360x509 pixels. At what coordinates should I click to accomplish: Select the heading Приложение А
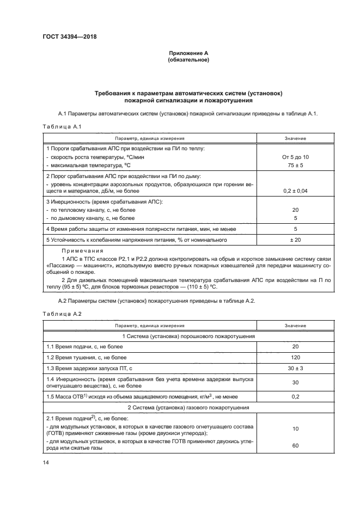[188, 53]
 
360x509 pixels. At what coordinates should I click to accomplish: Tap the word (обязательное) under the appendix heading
[188, 59]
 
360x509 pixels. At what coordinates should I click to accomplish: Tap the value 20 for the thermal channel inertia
[295, 210]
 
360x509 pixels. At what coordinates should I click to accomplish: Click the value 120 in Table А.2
[295, 357]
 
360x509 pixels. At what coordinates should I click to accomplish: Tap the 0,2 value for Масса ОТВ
[295, 396]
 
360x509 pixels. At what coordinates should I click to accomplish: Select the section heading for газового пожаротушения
[188, 407]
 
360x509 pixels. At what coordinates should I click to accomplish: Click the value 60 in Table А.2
[295, 445]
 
